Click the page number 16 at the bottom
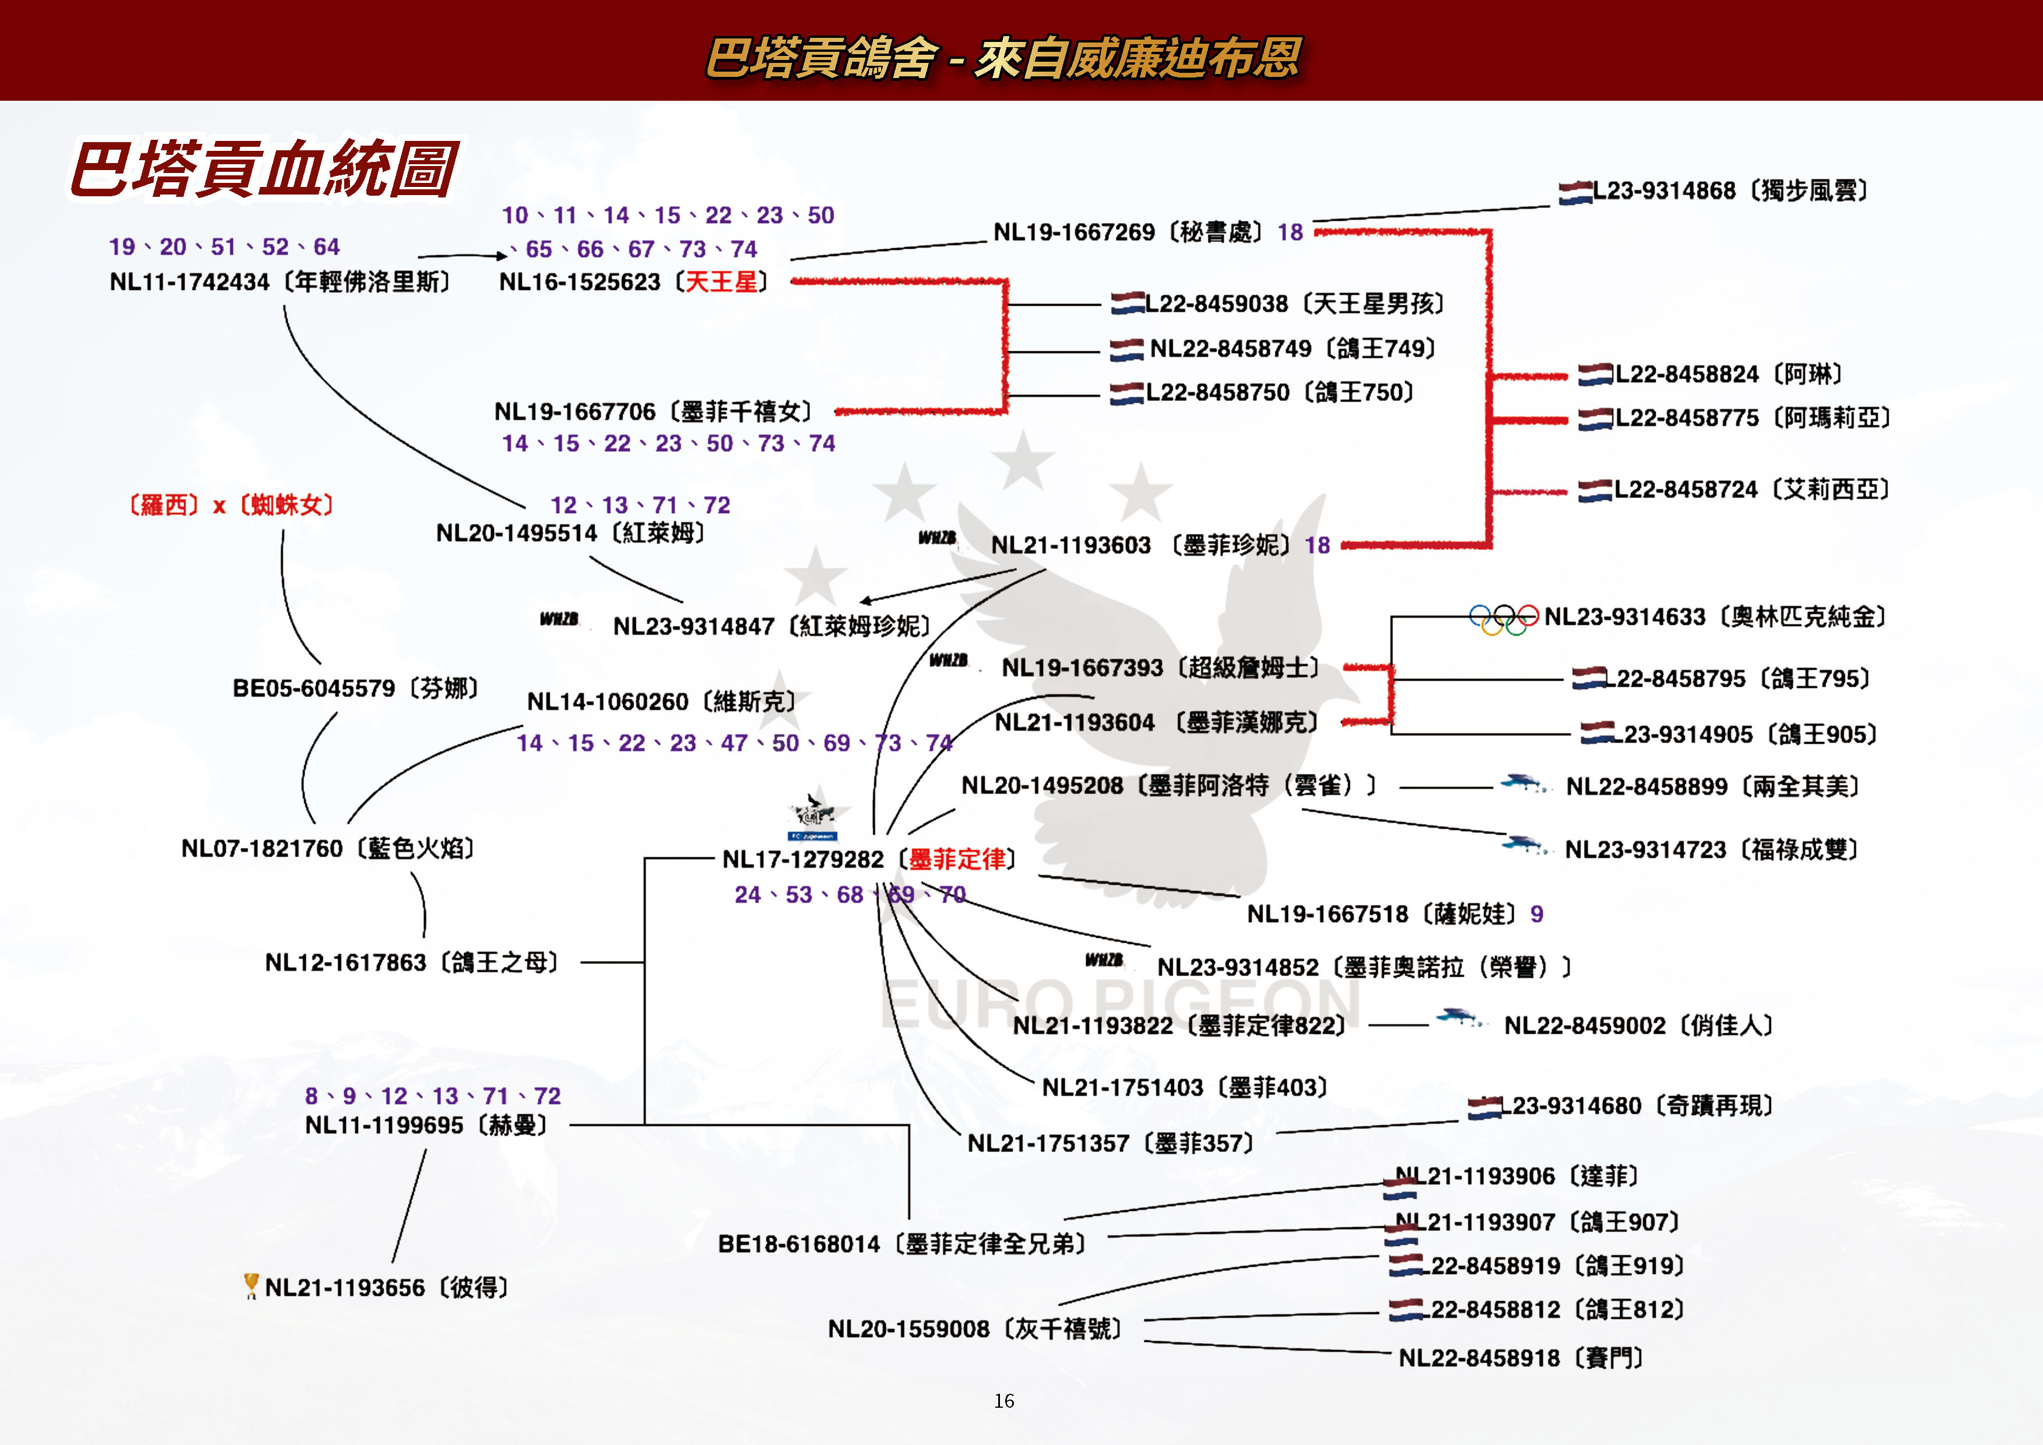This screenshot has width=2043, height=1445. (1003, 1401)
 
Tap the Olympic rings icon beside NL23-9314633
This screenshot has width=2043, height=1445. (1503, 619)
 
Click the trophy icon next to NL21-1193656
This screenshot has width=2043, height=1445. (251, 1286)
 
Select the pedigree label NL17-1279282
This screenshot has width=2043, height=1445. (803, 860)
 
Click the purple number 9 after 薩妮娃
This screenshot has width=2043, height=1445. (1537, 914)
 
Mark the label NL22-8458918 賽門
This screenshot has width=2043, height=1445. (1521, 1358)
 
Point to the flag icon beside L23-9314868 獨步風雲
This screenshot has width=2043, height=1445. (1574, 192)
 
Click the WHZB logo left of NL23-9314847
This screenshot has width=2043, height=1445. (559, 619)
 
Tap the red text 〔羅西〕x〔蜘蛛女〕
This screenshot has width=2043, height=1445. (231, 506)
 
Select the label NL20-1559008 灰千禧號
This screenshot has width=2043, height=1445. (974, 1329)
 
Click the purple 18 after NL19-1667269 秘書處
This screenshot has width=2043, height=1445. (1290, 232)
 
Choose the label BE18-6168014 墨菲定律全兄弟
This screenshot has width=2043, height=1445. (902, 1244)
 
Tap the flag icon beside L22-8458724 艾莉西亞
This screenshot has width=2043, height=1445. (1595, 491)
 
